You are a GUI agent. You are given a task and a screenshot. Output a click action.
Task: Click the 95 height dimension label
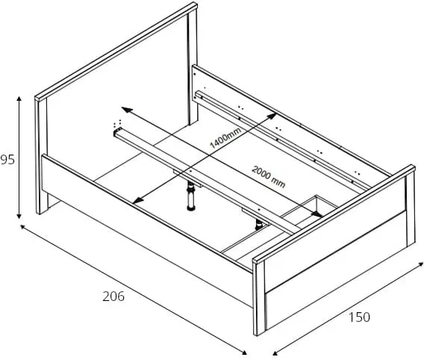[x=7, y=160]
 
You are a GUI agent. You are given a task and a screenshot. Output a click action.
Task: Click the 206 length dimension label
[x=113, y=297]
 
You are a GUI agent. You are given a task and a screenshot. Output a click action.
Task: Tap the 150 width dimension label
[x=359, y=317]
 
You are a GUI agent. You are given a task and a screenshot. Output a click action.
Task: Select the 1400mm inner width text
[x=225, y=138]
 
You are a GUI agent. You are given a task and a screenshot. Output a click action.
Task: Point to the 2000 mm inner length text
[x=269, y=176]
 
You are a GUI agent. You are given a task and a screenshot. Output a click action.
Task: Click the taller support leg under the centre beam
[x=191, y=196]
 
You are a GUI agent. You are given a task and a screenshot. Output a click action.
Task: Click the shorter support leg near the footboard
[x=259, y=225]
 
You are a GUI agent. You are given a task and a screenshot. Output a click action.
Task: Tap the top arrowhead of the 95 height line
[x=19, y=99]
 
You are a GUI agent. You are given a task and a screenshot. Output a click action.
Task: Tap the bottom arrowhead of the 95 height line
[x=19, y=216]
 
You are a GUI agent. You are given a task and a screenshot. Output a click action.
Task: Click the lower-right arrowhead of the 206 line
[x=244, y=352]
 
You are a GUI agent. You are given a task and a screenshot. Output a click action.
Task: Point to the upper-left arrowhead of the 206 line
[x=23, y=227]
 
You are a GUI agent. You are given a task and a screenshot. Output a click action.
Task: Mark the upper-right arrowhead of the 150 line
[x=420, y=264]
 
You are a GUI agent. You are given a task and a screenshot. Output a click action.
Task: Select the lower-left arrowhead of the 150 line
[x=275, y=353]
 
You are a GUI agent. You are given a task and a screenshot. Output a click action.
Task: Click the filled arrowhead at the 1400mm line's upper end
[x=272, y=117]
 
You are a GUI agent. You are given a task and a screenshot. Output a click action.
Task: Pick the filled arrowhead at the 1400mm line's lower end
[x=137, y=200]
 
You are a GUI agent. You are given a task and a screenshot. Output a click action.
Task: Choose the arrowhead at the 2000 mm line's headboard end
[x=127, y=110]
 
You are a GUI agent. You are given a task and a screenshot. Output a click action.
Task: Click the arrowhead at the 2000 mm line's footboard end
[x=317, y=214]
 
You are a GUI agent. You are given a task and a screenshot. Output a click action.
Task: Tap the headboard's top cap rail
[x=116, y=52]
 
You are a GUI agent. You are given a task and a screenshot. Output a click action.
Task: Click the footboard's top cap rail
[x=334, y=214]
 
